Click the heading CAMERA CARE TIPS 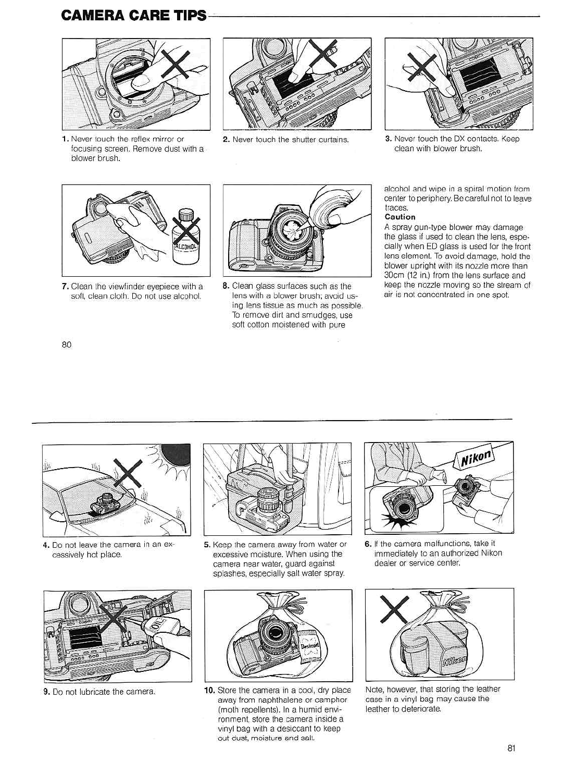pyautogui.click(x=134, y=16)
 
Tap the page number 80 pyautogui.click(x=66, y=345)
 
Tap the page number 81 pyautogui.click(x=511, y=748)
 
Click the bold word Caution pyautogui.click(x=400, y=217)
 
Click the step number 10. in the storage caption pyautogui.click(x=209, y=690)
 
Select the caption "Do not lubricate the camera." pyautogui.click(x=104, y=692)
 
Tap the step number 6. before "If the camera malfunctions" pyautogui.click(x=368, y=544)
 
